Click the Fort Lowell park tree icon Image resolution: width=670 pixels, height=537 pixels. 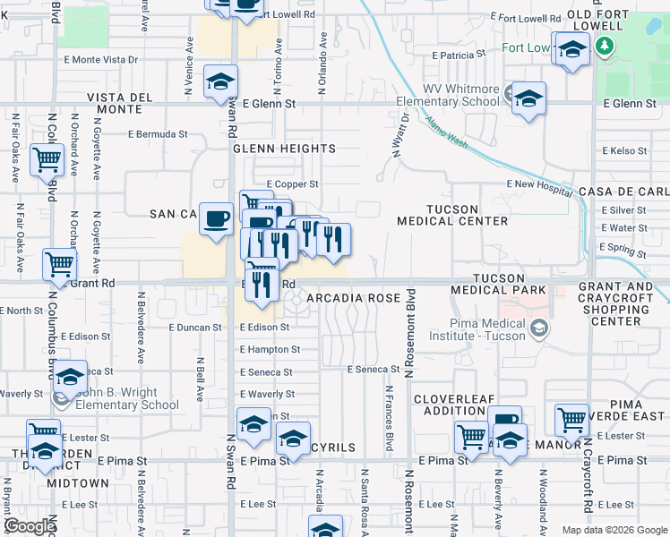606,47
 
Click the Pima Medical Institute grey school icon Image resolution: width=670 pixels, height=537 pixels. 537,329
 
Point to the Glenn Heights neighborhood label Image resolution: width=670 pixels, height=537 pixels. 285,149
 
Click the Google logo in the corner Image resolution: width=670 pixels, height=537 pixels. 30,525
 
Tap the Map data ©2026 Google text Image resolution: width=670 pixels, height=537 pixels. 615,530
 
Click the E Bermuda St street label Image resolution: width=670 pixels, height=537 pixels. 158,134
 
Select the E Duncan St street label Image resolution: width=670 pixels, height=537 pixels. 194,328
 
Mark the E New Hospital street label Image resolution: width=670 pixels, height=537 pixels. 538,183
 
